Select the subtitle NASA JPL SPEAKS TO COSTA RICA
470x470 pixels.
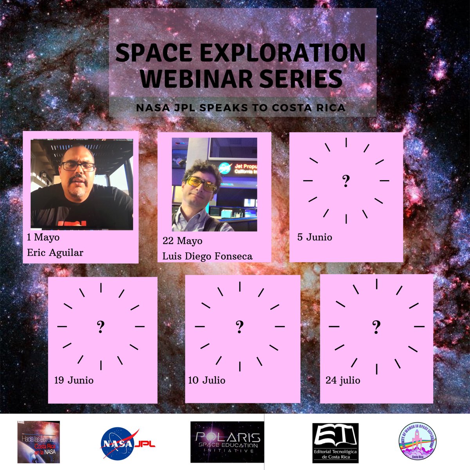(241, 108)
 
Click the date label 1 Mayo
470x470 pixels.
(43, 237)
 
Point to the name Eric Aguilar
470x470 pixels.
(55, 253)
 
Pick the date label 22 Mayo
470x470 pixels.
(183, 240)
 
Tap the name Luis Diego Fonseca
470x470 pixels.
(208, 257)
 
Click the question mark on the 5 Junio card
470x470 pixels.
(346, 181)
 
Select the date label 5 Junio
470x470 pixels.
(315, 237)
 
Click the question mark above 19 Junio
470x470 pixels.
(101, 326)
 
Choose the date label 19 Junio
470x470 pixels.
(74, 380)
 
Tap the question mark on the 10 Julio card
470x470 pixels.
(240, 326)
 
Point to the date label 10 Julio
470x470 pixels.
(207, 380)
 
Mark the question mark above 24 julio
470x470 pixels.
(376, 326)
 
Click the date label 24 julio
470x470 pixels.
(343, 380)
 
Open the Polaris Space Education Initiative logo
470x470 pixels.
(227, 442)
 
